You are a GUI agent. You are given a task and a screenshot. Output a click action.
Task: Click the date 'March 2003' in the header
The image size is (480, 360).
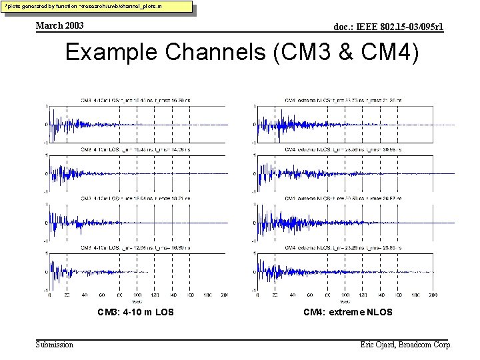coord(60,25)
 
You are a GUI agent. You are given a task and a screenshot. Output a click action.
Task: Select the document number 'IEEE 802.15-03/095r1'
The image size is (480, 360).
coord(388,27)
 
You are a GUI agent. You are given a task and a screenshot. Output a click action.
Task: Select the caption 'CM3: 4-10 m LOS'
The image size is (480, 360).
coord(136,312)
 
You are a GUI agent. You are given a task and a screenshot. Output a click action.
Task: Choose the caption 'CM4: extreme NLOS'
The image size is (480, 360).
coord(347,312)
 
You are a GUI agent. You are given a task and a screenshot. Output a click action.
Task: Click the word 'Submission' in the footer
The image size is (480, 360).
coord(55,345)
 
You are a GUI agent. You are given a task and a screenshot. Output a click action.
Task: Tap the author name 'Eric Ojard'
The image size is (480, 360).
coord(381,345)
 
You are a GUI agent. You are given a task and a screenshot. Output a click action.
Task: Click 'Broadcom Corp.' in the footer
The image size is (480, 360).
coord(427,345)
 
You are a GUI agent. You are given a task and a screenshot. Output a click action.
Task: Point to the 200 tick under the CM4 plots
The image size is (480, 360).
coord(433,295)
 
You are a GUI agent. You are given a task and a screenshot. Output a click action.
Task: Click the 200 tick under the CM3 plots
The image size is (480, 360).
coord(224,295)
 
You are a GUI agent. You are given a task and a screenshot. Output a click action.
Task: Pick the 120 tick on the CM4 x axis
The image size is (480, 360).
coord(363,295)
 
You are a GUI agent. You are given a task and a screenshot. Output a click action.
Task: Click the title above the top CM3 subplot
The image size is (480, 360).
coord(135,101)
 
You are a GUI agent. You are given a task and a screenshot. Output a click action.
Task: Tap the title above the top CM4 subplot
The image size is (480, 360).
coord(343,101)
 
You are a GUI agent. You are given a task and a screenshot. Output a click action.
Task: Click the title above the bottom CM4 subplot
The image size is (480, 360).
coord(343,247)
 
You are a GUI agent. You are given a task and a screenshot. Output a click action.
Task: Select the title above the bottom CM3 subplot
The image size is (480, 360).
coord(135,247)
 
